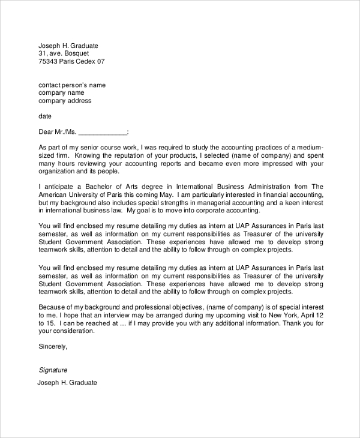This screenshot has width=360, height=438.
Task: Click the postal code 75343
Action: coord(48,61)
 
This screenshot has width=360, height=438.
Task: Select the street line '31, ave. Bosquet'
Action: coord(64,53)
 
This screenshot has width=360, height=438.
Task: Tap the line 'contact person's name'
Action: coord(72,85)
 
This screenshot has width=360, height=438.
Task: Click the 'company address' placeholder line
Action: coord(65,101)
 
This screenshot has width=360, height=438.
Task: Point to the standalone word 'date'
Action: coord(45,116)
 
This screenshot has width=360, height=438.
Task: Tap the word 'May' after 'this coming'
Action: coord(165,194)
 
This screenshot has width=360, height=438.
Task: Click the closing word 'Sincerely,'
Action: coord(53,346)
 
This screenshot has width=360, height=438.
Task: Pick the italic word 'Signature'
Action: coord(53,370)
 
